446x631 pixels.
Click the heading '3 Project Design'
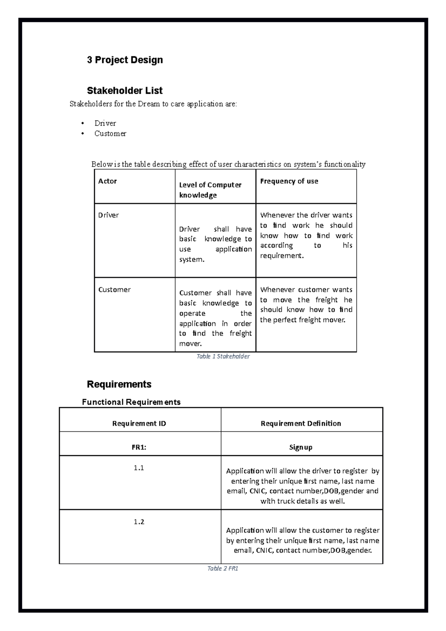tap(125, 60)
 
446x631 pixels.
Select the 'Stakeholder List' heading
tap(125, 91)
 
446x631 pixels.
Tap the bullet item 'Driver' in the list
tap(105, 123)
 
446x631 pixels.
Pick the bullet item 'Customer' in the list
tap(110, 134)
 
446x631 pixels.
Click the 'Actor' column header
tap(107, 181)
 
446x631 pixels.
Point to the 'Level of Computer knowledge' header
tap(210, 190)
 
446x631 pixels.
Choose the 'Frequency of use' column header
tap(289, 181)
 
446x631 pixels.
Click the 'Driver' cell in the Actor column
tap(108, 215)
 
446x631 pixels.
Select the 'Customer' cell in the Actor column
tap(114, 289)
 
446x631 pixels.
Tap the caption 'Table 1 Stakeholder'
tap(223, 356)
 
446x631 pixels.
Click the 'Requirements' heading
tap(119, 384)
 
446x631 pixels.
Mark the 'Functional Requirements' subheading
tap(131, 402)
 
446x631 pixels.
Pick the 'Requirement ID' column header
tap(139, 423)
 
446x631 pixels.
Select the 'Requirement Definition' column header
tap(301, 423)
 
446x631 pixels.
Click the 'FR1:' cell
tap(139, 447)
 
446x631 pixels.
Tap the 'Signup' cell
tap(301, 447)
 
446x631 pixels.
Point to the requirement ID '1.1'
tap(139, 468)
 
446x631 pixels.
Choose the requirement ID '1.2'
tap(139, 522)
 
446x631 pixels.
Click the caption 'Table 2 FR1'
tap(223, 569)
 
